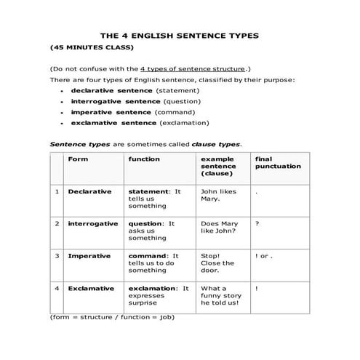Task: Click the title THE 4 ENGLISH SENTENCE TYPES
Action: (179, 35)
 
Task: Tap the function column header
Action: (144, 159)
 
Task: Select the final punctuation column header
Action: (278, 162)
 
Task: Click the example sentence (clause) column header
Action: (218, 167)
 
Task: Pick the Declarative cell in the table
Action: (89, 191)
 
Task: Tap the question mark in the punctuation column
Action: (257, 224)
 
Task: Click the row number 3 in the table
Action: (57, 256)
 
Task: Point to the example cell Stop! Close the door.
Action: (217, 263)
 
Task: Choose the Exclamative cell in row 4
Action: (91, 289)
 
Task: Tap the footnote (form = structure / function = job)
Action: (112, 318)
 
